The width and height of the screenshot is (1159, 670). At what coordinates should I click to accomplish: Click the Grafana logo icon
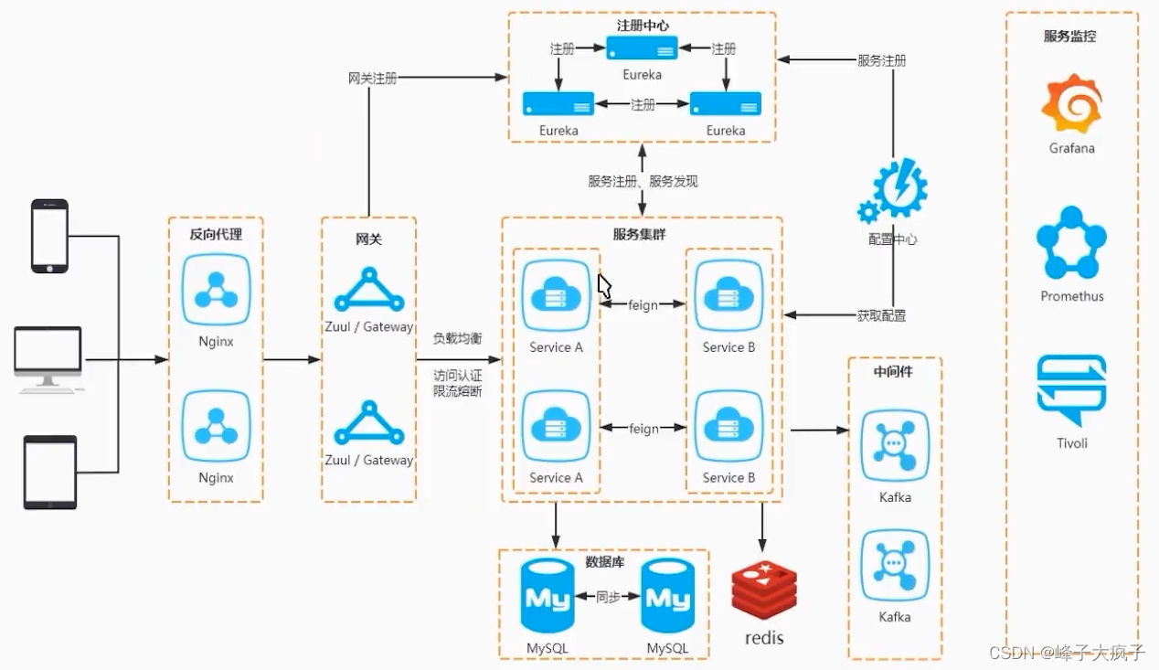click(x=1071, y=103)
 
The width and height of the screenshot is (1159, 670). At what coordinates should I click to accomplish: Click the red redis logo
click(x=764, y=590)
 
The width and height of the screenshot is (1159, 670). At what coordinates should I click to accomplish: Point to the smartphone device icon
click(x=49, y=236)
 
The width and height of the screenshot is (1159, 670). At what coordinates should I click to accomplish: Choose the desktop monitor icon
click(x=48, y=359)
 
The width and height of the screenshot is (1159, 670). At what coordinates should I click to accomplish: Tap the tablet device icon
click(x=50, y=473)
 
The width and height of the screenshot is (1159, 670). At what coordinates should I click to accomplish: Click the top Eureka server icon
click(x=642, y=48)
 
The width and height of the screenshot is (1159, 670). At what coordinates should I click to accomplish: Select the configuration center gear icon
click(x=893, y=191)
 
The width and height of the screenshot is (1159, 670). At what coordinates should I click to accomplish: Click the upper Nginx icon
click(x=217, y=290)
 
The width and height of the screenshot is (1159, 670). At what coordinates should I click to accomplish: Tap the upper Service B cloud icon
click(x=728, y=295)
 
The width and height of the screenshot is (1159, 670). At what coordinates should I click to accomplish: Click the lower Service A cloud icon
click(x=556, y=426)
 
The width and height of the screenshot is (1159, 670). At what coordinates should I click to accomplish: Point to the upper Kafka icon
click(x=895, y=445)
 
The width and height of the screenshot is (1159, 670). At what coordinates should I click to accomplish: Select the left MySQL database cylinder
click(x=548, y=595)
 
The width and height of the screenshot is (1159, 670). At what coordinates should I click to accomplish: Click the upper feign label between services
click(x=643, y=305)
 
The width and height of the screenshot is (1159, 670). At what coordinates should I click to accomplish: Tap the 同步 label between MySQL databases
click(x=608, y=597)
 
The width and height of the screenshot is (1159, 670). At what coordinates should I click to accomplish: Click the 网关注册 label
click(x=372, y=78)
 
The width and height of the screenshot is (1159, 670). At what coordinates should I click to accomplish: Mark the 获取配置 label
click(x=881, y=315)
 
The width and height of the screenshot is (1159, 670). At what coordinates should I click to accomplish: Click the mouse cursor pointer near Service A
click(x=604, y=286)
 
